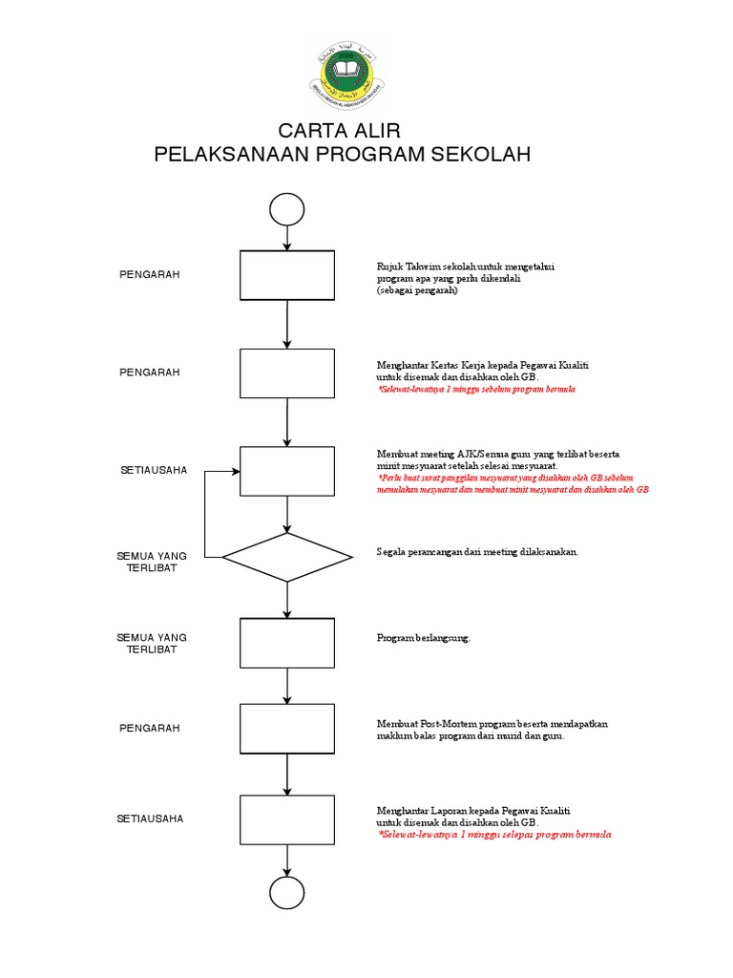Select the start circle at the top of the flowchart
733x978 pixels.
click(287, 208)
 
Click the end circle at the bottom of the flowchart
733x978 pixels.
click(287, 892)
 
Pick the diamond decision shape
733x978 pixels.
click(287, 557)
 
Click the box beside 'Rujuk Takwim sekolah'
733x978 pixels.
click(287, 275)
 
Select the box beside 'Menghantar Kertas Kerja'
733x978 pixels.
click(287, 373)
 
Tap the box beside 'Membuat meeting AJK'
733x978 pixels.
click(287, 471)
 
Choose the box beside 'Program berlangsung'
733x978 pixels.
click(287, 643)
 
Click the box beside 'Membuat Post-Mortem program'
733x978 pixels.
click(287, 729)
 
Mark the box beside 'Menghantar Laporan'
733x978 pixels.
click(287, 819)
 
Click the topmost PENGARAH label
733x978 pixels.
click(149, 275)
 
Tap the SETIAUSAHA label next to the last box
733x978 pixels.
click(150, 819)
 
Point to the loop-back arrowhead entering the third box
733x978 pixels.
click(235, 471)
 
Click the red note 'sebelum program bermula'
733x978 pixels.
click(477, 391)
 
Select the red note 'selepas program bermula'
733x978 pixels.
click(494, 835)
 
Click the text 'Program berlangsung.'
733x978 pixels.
click(424, 638)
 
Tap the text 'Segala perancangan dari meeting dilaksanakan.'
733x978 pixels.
click(477, 553)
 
